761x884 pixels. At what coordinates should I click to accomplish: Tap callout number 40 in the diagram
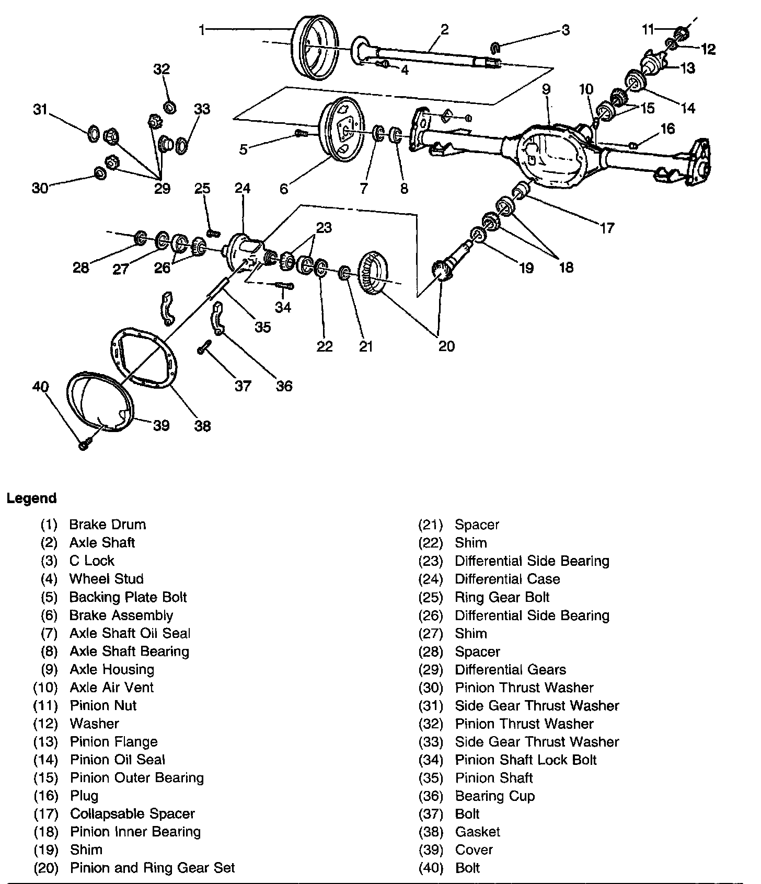coord(40,387)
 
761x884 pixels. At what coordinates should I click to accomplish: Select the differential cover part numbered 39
coord(99,402)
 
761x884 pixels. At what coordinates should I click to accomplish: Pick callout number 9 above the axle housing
coord(546,89)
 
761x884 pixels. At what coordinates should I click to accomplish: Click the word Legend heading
coord(31,498)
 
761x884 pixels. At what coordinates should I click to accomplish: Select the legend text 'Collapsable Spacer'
coord(132,813)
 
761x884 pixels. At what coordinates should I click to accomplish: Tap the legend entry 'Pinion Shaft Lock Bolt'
coord(525,760)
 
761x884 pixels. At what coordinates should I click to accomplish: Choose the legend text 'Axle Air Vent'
coord(111,687)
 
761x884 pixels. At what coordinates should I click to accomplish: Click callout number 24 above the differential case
coord(243,189)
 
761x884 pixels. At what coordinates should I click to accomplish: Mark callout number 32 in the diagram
coord(162,69)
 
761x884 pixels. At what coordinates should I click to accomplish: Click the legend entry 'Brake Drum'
coord(107,525)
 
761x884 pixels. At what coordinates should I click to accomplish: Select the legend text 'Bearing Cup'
coord(494,796)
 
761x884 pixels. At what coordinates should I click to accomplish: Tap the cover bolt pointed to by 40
coord(83,446)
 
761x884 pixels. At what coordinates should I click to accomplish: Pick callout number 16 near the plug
coord(667,129)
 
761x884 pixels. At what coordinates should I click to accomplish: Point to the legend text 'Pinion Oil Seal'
coord(117,760)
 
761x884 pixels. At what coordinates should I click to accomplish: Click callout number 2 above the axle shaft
coord(444,30)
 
